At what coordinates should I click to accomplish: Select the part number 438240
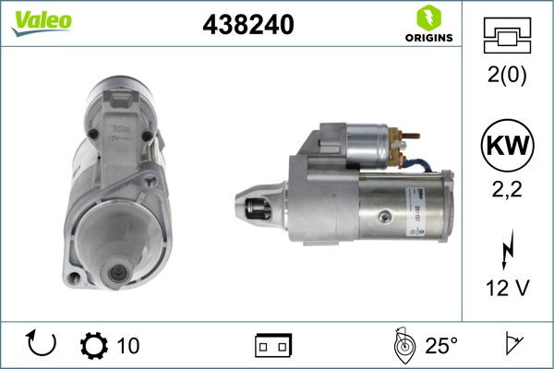tap(247, 26)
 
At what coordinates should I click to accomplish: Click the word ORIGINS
tap(428, 38)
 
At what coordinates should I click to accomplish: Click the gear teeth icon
tap(94, 346)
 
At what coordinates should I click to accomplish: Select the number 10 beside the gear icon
tap(128, 346)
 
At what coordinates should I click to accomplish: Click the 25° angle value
tap(441, 346)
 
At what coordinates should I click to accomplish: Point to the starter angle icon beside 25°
tap(402, 346)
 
